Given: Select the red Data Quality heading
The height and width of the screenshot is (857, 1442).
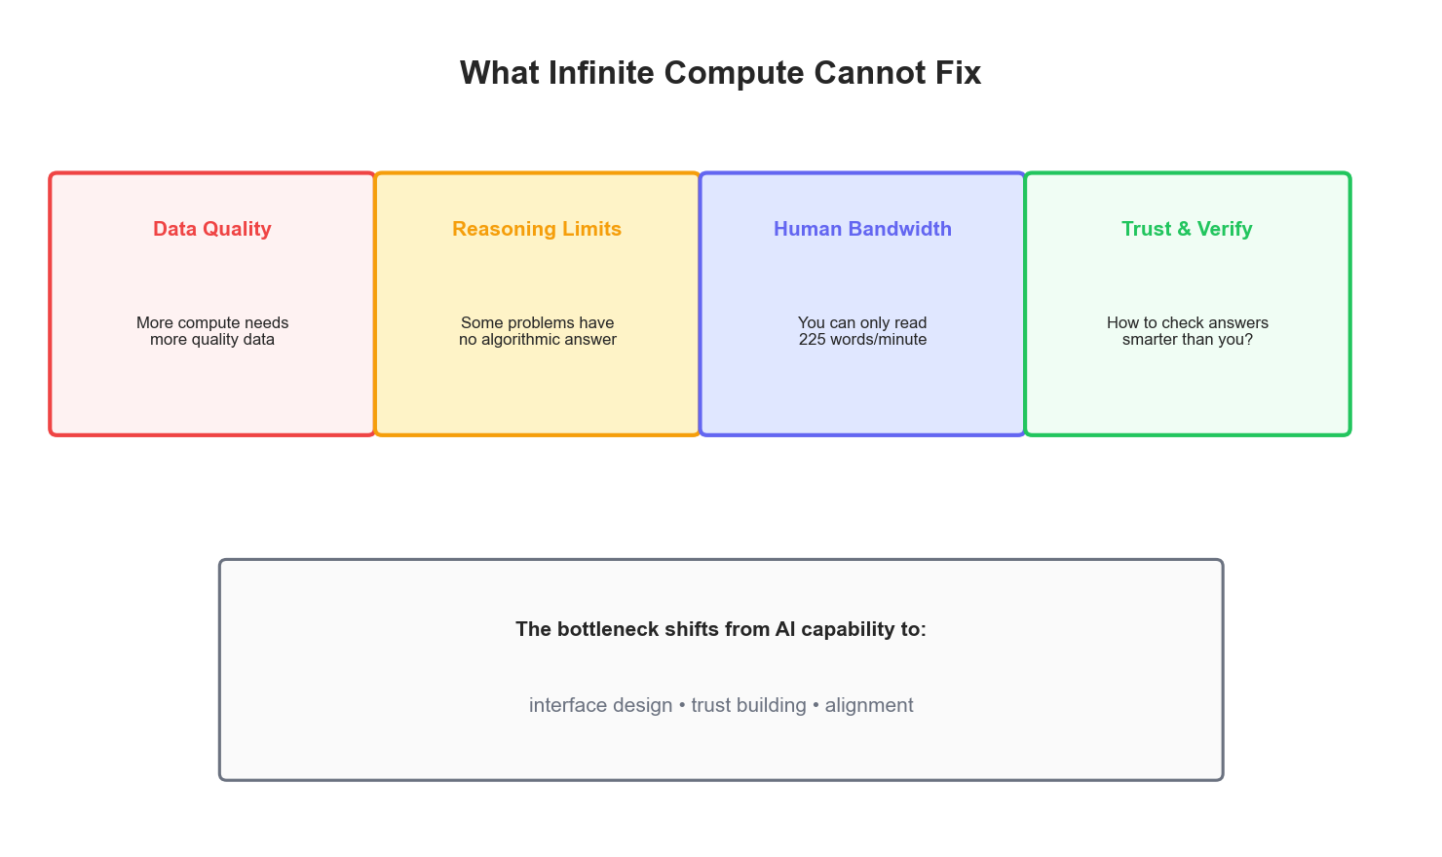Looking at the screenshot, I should point(212,229).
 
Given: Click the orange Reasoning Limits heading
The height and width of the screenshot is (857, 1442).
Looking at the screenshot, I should point(537,229).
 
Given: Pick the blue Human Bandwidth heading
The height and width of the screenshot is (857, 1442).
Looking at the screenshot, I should point(862,229).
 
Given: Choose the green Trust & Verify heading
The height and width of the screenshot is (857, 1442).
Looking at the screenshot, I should point(1187,229).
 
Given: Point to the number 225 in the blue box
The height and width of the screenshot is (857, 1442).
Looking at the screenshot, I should point(813,340).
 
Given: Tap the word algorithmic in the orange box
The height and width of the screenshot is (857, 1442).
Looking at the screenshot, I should point(524,340).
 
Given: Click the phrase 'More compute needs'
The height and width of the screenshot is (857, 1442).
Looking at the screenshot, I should point(212,322).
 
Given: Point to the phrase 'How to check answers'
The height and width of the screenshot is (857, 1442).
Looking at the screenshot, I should point(1188,322).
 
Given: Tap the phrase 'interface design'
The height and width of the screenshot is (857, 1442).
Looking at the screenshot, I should point(600,705).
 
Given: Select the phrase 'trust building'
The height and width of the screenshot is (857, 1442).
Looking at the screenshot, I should point(748,705).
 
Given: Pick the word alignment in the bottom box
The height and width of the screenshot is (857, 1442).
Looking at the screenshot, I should point(869,705).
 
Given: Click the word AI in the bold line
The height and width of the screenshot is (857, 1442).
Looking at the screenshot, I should point(785,629).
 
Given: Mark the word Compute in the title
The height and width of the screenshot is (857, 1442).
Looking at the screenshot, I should point(748,73).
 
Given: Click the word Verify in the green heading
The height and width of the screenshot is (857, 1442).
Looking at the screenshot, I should point(1225,229).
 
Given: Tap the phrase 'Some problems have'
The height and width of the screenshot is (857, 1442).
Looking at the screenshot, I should point(537,322).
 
